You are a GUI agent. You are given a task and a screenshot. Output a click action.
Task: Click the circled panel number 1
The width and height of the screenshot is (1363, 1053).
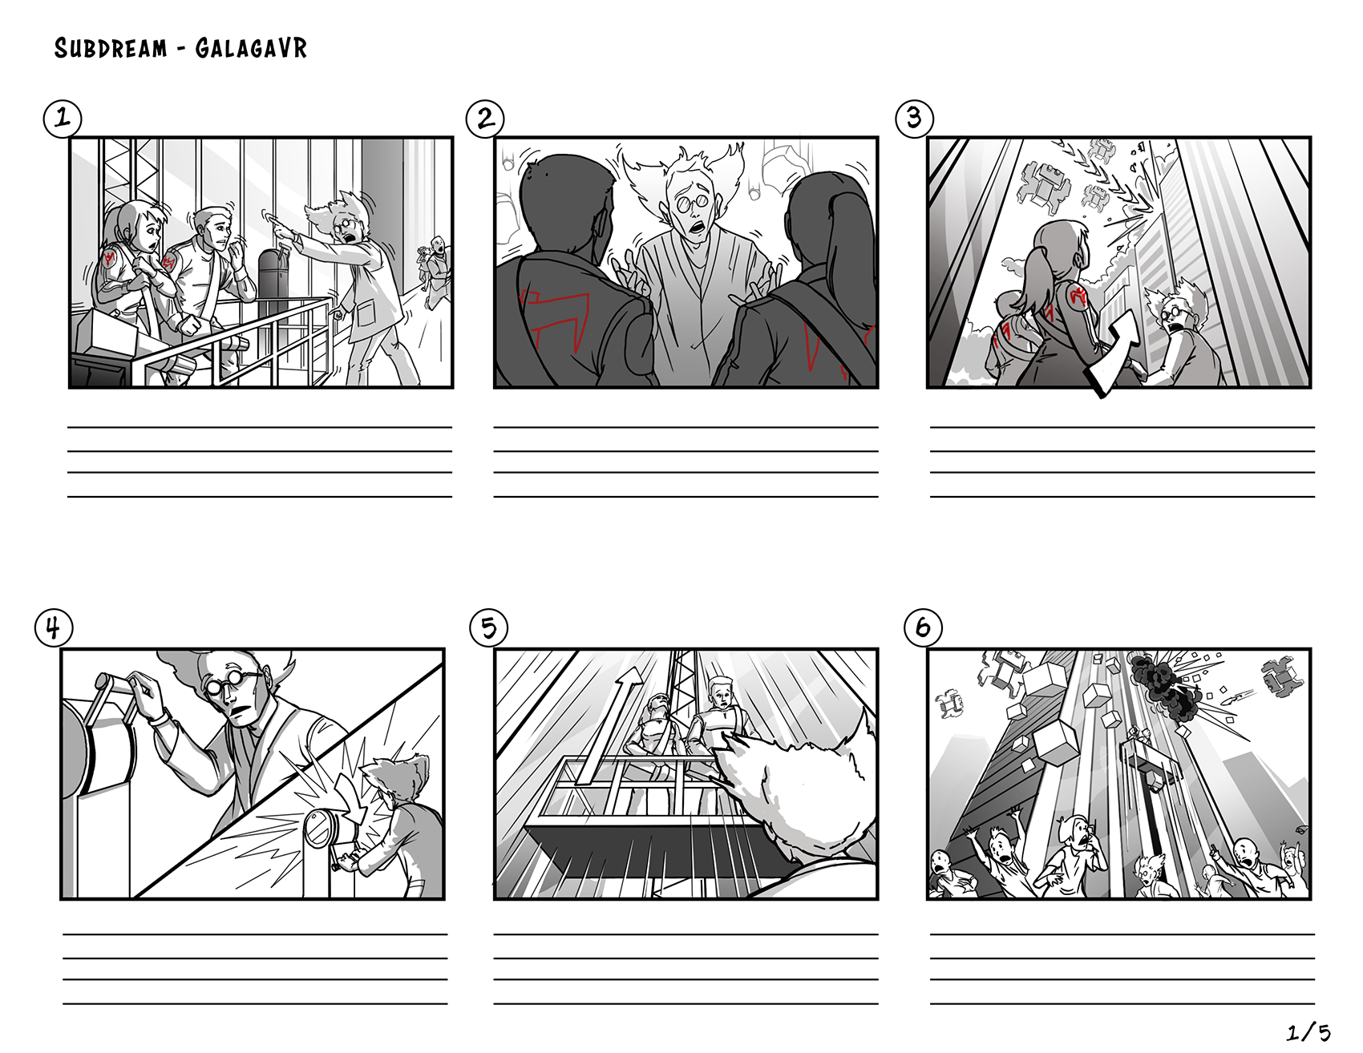point(63,119)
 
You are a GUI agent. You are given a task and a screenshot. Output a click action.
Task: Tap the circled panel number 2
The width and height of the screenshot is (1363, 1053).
point(485,119)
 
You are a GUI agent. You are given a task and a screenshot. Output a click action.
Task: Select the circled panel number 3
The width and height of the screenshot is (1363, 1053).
point(914,119)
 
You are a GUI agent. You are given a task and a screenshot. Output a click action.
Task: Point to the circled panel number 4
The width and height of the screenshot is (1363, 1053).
point(54,627)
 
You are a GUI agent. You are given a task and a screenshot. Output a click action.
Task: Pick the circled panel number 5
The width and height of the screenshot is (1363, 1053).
point(488,627)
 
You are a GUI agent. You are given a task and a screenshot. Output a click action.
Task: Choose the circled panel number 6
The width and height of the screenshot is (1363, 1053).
point(923,627)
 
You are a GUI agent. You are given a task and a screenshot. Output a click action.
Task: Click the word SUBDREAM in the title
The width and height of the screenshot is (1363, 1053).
point(111,49)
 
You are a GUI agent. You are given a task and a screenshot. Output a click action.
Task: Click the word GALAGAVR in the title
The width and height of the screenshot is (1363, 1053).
point(251,49)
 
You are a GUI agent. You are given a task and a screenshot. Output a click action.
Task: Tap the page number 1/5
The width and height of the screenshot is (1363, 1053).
point(1308,1032)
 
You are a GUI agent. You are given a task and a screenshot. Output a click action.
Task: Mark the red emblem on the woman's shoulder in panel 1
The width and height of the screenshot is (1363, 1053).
point(110,257)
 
